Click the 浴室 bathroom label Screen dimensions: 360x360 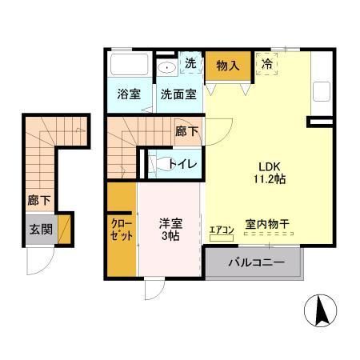tap(130, 94)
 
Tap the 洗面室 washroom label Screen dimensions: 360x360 tap(178, 94)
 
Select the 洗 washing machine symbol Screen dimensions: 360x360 tap(192, 63)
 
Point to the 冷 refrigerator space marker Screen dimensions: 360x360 tap(266, 62)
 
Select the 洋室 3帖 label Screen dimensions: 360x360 tap(166, 228)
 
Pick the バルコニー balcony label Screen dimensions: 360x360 tap(255, 262)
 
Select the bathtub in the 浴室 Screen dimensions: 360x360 tap(129, 65)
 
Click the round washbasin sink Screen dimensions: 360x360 tap(166, 66)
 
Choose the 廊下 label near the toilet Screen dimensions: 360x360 tap(186, 131)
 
